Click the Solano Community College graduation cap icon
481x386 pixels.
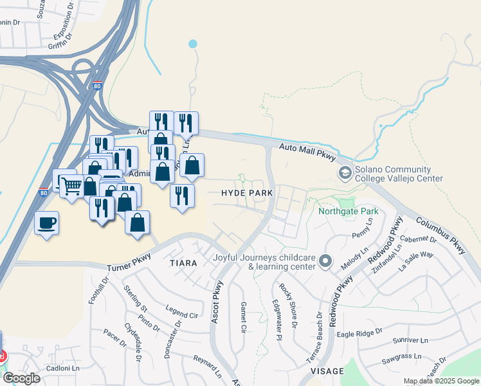[345, 173]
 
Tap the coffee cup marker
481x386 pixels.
[47, 223]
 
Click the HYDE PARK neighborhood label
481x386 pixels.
[247, 193]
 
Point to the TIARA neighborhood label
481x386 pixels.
[183, 263]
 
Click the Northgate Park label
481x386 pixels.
[348, 211]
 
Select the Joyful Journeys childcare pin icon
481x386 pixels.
[325, 261]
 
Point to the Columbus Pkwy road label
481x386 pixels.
[440, 232]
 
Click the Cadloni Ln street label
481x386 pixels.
[62, 369]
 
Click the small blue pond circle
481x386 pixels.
[192, 44]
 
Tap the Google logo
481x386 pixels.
[21, 378]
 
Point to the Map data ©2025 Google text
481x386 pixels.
[441, 381]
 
